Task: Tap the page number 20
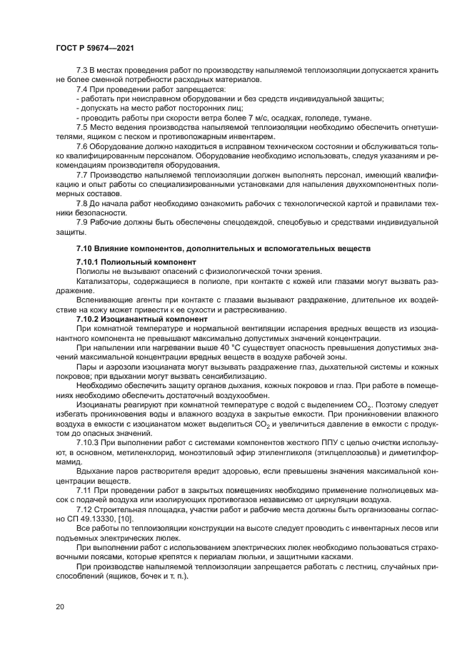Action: [60, 608]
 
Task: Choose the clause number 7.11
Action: [85, 491]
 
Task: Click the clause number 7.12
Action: [85, 509]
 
